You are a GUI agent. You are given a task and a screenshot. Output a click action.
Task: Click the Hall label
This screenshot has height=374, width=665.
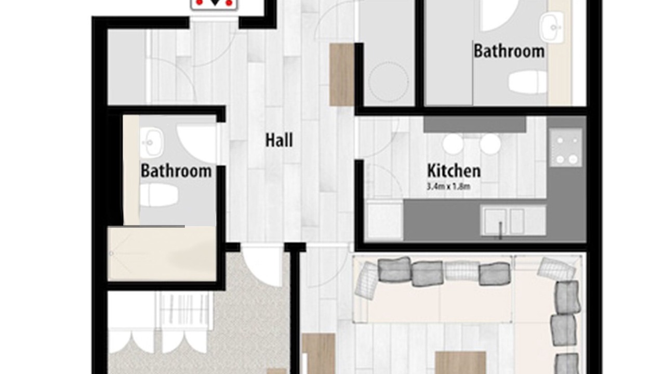point(279,140)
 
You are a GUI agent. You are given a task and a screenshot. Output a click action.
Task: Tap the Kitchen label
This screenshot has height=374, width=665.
point(454,171)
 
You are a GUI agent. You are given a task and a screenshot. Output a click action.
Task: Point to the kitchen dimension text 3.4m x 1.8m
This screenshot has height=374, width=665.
point(448,186)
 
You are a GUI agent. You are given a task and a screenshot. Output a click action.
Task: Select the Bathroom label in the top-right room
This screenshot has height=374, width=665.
point(509,51)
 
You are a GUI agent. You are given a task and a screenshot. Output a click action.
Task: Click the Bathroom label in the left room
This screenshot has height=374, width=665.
point(176,171)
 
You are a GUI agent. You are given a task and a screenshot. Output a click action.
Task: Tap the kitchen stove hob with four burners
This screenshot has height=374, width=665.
point(566,148)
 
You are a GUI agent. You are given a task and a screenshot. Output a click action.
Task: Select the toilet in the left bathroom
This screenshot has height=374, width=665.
point(159,195)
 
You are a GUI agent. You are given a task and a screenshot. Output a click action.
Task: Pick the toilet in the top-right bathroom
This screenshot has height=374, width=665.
point(528,82)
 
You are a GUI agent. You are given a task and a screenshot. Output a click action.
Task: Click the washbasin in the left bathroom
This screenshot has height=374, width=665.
point(151,143)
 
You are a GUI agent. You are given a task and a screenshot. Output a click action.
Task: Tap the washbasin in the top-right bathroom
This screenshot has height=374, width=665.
point(552,28)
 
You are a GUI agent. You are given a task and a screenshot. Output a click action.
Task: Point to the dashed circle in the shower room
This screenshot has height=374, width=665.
point(389,82)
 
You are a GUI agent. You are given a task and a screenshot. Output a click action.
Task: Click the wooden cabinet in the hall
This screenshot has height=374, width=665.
point(342,74)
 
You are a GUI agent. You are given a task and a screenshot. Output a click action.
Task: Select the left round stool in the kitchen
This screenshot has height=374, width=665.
point(453,144)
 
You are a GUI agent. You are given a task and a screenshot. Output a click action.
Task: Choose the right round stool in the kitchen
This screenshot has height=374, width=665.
point(490,144)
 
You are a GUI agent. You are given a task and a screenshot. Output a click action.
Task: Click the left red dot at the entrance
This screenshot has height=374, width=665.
point(199,3)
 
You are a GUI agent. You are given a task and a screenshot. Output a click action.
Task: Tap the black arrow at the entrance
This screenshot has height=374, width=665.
point(215,3)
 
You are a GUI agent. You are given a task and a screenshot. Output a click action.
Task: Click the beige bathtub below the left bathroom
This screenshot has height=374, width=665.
point(162,254)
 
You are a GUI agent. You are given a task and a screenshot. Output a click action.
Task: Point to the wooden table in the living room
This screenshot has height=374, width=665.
point(460,363)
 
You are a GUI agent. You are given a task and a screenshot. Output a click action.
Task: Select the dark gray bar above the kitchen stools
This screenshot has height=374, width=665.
point(475,124)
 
